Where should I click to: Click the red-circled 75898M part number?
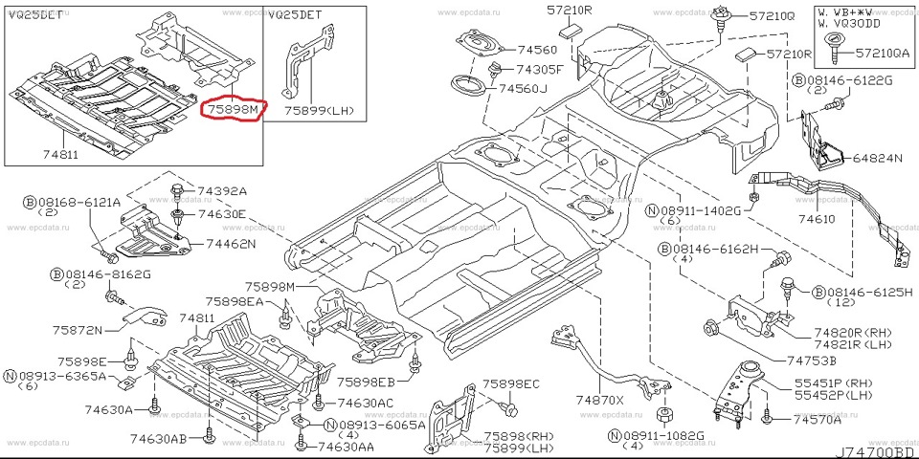click(x=231, y=111)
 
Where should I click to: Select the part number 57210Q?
click(x=772, y=16)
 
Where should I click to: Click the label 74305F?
click(x=541, y=70)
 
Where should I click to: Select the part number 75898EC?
click(x=511, y=383)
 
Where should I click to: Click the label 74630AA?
click(x=346, y=447)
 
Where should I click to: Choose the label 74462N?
click(x=226, y=245)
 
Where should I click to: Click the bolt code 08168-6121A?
click(x=79, y=203)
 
